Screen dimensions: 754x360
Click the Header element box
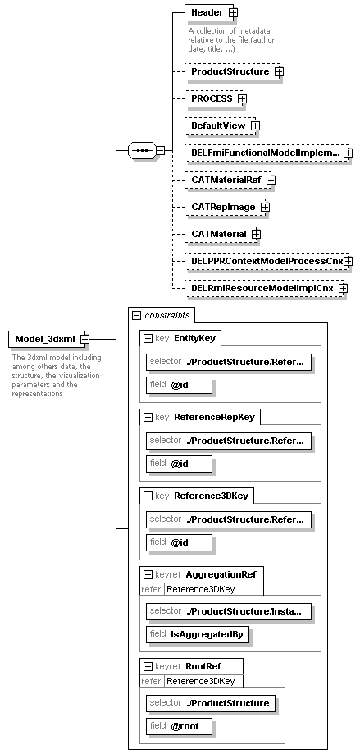point(207,12)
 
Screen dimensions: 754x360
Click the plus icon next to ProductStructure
point(279,72)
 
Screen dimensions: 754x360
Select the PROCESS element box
point(211,98)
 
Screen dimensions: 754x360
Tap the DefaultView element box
point(217,126)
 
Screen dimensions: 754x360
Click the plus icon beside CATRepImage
point(265,208)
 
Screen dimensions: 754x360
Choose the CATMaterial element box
point(217,235)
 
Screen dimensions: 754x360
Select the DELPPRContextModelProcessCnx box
point(263,262)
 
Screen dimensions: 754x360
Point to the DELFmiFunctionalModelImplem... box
point(263,153)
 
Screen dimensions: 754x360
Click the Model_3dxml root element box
point(44,340)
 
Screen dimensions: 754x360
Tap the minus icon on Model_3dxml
point(84,340)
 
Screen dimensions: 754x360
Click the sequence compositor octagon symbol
point(141,151)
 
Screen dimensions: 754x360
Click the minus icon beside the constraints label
point(136,315)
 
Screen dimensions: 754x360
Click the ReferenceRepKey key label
point(214,417)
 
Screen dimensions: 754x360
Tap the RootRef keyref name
point(203,666)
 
